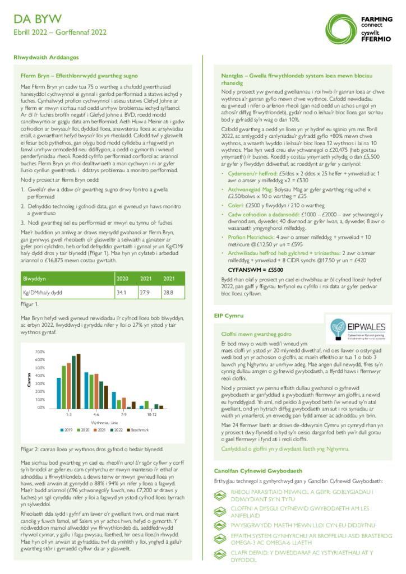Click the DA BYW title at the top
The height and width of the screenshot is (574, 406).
(38, 20)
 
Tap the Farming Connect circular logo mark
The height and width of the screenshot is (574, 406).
(341, 26)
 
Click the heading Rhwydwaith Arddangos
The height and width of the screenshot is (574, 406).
(46, 57)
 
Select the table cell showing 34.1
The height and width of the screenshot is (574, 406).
(121, 292)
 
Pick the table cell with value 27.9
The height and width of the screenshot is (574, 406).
(145, 292)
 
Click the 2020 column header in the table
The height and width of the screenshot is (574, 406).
(122, 278)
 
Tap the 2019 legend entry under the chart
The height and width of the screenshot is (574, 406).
(67, 430)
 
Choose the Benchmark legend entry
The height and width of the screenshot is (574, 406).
(138, 430)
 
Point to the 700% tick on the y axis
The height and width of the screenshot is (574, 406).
(40, 352)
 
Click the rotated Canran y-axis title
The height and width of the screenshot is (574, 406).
(29, 379)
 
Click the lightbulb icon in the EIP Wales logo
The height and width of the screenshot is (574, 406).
(338, 325)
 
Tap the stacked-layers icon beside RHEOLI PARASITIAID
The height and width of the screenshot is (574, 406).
(220, 494)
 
